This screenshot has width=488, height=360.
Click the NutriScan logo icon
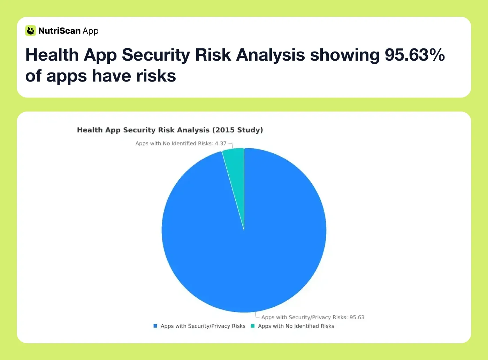point(31,31)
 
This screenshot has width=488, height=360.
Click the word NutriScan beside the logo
point(59,31)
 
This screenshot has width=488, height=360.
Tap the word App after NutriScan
point(91,31)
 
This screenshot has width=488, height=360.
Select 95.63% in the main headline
point(415,55)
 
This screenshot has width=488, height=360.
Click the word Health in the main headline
point(52,55)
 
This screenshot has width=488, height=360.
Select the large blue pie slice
point(244,244)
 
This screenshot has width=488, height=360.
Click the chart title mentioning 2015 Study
point(170,130)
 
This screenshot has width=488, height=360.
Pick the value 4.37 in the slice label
point(221,143)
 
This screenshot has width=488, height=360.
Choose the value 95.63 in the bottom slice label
point(357,317)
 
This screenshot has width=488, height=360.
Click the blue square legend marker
point(155,326)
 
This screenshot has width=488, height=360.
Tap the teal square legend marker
point(253,326)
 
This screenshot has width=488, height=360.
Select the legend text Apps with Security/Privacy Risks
point(203,326)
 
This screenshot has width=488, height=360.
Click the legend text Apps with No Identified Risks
point(296,326)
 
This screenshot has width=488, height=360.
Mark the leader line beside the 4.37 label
point(231,145)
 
